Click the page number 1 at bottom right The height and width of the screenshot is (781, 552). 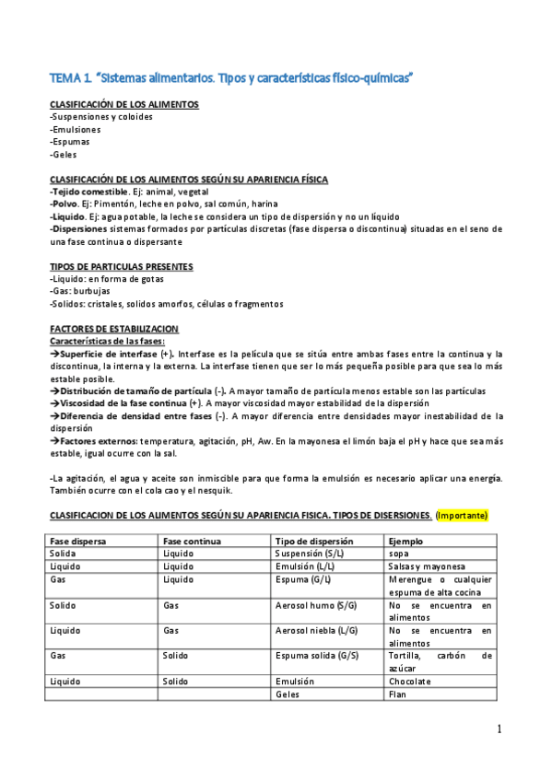point(499,729)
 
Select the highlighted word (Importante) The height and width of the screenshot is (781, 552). point(463,514)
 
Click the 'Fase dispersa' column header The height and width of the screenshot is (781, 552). point(76,541)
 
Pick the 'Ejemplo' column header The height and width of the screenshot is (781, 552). point(407,541)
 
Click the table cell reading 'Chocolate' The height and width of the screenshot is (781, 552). point(410,682)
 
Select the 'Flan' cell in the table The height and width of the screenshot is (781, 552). point(398,694)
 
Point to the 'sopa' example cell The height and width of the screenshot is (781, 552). point(399,554)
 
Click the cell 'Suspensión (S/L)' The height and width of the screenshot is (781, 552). point(311,554)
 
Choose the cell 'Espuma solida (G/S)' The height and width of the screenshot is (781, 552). point(317,656)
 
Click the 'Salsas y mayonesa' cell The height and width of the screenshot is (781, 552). point(428,566)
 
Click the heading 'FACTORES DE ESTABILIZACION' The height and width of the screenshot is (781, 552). point(114,329)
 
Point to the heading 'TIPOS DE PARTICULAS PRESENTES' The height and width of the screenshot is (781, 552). point(121,266)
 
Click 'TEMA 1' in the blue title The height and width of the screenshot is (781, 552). point(70,79)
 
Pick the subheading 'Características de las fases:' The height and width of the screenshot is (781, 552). point(107,341)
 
